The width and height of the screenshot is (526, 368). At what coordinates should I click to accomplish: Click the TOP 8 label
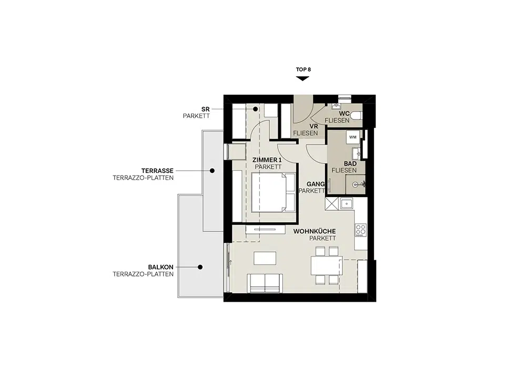(304, 69)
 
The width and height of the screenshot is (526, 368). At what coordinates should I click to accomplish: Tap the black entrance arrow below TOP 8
(302, 78)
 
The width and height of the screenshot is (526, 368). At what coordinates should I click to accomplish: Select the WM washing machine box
(353, 137)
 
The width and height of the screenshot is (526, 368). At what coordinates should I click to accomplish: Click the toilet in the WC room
(356, 115)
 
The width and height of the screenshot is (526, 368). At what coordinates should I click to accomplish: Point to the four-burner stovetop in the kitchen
(361, 230)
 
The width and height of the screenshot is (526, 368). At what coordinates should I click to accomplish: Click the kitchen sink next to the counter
(346, 203)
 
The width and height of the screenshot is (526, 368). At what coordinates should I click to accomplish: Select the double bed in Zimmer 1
(273, 192)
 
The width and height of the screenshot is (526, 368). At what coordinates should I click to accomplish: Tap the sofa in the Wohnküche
(265, 283)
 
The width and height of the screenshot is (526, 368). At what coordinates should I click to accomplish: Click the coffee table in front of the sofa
(265, 258)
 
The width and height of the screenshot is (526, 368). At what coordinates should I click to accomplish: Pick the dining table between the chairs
(327, 265)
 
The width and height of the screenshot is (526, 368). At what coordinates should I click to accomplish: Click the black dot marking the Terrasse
(213, 170)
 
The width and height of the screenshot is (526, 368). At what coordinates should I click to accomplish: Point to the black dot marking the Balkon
(200, 267)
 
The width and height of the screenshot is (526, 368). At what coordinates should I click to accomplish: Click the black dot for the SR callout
(255, 109)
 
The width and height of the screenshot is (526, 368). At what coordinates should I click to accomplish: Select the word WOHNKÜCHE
(315, 231)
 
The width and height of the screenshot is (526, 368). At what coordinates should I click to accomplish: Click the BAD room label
(350, 163)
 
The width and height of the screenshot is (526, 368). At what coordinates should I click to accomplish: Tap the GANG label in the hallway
(316, 184)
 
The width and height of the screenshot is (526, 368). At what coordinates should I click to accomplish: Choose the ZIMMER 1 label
(267, 160)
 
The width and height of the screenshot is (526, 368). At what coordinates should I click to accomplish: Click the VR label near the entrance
(313, 126)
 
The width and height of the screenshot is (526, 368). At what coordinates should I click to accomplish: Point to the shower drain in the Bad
(355, 185)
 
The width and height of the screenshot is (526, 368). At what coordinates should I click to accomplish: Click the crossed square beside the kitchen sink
(332, 204)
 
